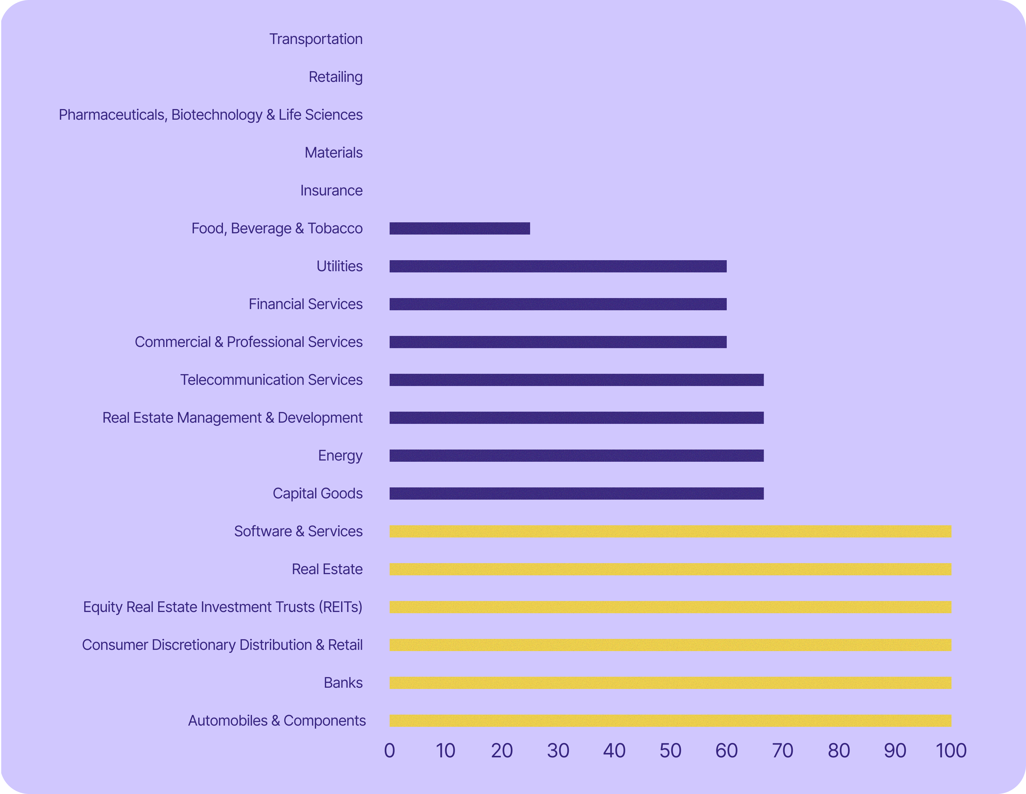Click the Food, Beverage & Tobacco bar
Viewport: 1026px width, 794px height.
click(460, 228)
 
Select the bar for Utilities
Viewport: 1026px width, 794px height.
click(558, 266)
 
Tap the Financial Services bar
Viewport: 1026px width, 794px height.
click(558, 304)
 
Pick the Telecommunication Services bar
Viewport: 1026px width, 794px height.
click(577, 380)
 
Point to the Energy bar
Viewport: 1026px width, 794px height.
click(577, 455)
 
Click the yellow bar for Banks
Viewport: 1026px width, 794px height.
click(670, 683)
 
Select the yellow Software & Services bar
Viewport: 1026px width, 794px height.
click(670, 531)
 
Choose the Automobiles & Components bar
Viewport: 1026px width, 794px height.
click(670, 721)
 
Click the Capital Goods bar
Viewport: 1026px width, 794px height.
click(577, 493)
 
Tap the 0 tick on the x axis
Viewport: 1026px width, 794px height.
click(389, 751)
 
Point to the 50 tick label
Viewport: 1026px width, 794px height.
click(670, 751)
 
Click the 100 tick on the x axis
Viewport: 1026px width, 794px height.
click(951, 751)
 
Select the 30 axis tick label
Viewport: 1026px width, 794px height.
click(558, 751)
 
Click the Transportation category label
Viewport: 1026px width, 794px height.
click(316, 39)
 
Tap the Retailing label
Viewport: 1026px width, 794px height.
click(335, 77)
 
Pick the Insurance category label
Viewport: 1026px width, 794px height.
click(331, 190)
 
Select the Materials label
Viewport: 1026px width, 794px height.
click(333, 153)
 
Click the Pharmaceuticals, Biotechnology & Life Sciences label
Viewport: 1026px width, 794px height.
click(210, 115)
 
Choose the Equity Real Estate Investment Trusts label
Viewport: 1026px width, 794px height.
click(223, 607)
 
